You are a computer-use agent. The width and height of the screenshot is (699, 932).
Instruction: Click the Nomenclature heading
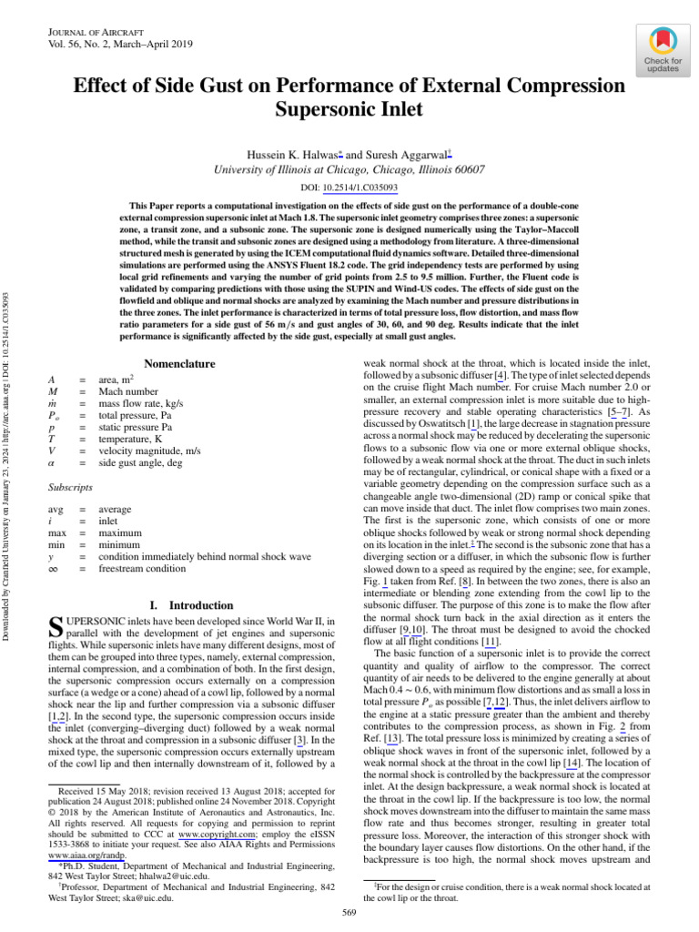pos(180,364)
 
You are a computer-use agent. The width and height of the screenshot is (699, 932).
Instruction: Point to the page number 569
pos(349,914)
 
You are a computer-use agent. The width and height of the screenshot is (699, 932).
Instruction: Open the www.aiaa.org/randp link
pos(80,856)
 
